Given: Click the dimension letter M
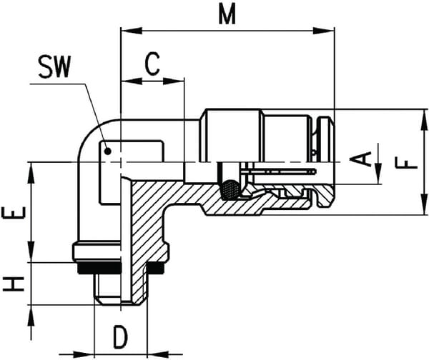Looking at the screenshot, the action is [227, 14].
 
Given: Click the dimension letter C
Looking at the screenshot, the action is [152, 64].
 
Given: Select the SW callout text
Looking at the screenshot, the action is [54, 66].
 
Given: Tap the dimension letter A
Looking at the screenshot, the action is [360, 159].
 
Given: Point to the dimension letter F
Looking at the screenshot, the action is [407, 163].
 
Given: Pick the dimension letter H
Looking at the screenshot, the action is [14, 284].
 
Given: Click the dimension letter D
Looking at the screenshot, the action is [121, 337].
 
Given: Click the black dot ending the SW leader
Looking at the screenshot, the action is [108, 151].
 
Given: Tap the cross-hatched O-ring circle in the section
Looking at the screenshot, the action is [230, 190].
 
